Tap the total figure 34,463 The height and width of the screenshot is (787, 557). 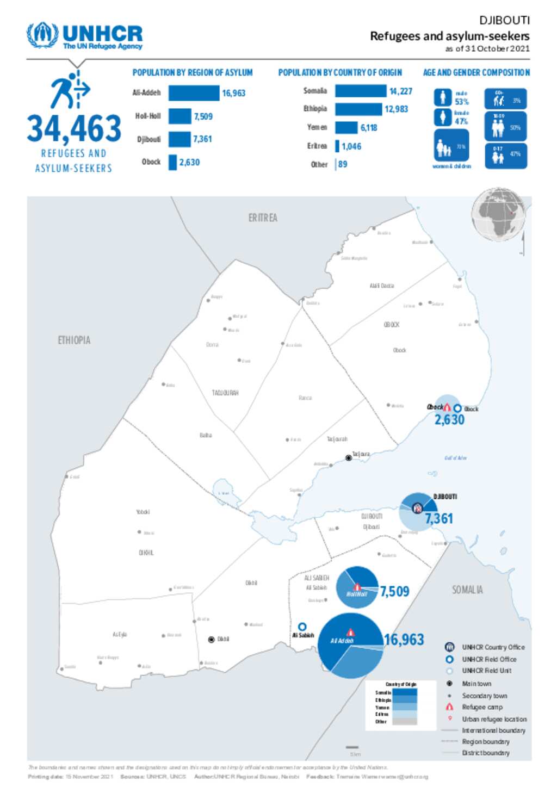(74, 129)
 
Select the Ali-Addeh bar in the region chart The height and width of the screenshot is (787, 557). (194, 93)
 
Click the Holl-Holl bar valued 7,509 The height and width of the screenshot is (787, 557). (180, 116)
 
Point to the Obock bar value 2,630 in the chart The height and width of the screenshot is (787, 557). (189, 162)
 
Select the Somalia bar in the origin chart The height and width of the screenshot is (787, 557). (361, 91)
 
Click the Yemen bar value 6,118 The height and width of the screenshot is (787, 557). (369, 128)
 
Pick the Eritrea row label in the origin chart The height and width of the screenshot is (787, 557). (317, 146)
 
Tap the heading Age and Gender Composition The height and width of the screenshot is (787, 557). (476, 72)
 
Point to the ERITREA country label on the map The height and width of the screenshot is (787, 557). (263, 218)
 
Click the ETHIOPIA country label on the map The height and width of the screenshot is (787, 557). (74, 340)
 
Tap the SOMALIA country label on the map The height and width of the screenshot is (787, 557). (467, 590)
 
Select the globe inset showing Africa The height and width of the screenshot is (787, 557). (498, 215)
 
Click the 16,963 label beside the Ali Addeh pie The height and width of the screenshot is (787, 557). (404, 640)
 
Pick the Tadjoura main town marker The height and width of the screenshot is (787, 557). (349, 458)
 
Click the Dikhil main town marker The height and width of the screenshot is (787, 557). (212, 640)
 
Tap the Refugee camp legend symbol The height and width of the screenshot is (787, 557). (449, 707)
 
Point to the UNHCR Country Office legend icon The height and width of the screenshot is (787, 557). (449, 647)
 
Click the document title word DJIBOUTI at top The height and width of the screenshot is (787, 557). (504, 21)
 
